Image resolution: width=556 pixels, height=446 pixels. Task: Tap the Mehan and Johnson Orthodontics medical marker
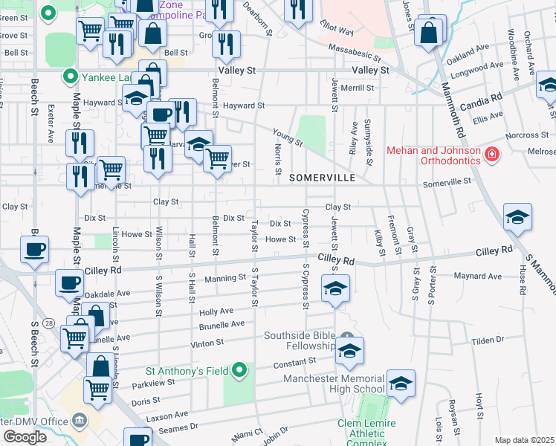[x=491, y=155]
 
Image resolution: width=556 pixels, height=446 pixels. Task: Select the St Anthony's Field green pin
[x=239, y=369]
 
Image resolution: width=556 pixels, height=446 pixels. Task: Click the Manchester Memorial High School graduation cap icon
[x=401, y=384]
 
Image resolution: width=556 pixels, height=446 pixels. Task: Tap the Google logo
[x=25, y=437]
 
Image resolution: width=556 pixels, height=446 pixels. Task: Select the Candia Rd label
[x=480, y=97]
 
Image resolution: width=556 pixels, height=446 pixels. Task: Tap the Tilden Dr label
[x=488, y=340]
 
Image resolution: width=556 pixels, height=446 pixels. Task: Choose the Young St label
[x=287, y=138]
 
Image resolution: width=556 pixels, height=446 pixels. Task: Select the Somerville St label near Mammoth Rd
[x=447, y=181]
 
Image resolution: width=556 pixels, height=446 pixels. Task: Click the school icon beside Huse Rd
[x=517, y=217]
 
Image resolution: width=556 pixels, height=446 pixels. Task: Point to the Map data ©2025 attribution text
[x=524, y=440]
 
